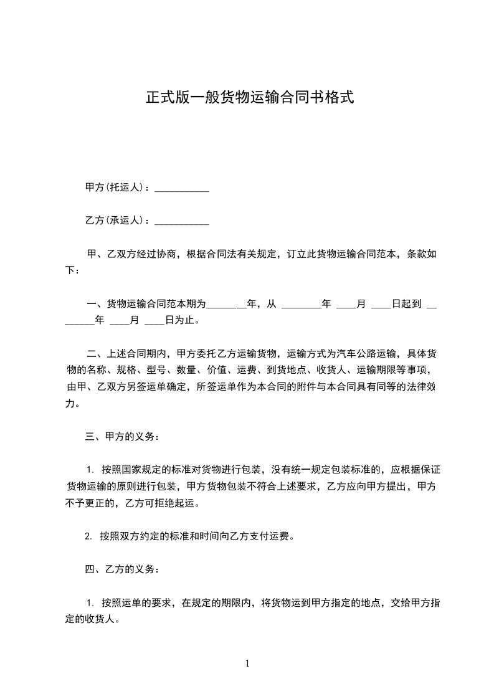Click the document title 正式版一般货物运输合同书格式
click(250, 98)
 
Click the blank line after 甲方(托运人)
click(181, 188)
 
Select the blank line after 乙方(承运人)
click(181, 221)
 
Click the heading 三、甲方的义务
click(122, 436)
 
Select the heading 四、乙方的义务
click(122, 569)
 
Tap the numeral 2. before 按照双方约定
click(88, 536)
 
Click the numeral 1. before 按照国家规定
click(90, 470)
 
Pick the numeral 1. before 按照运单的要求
click(90, 603)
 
